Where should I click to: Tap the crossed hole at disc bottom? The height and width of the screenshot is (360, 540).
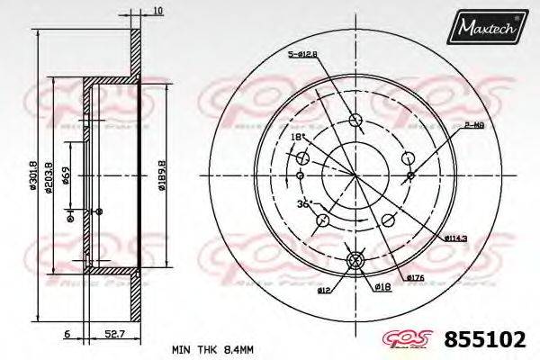pyautogui.click(x=354, y=261)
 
